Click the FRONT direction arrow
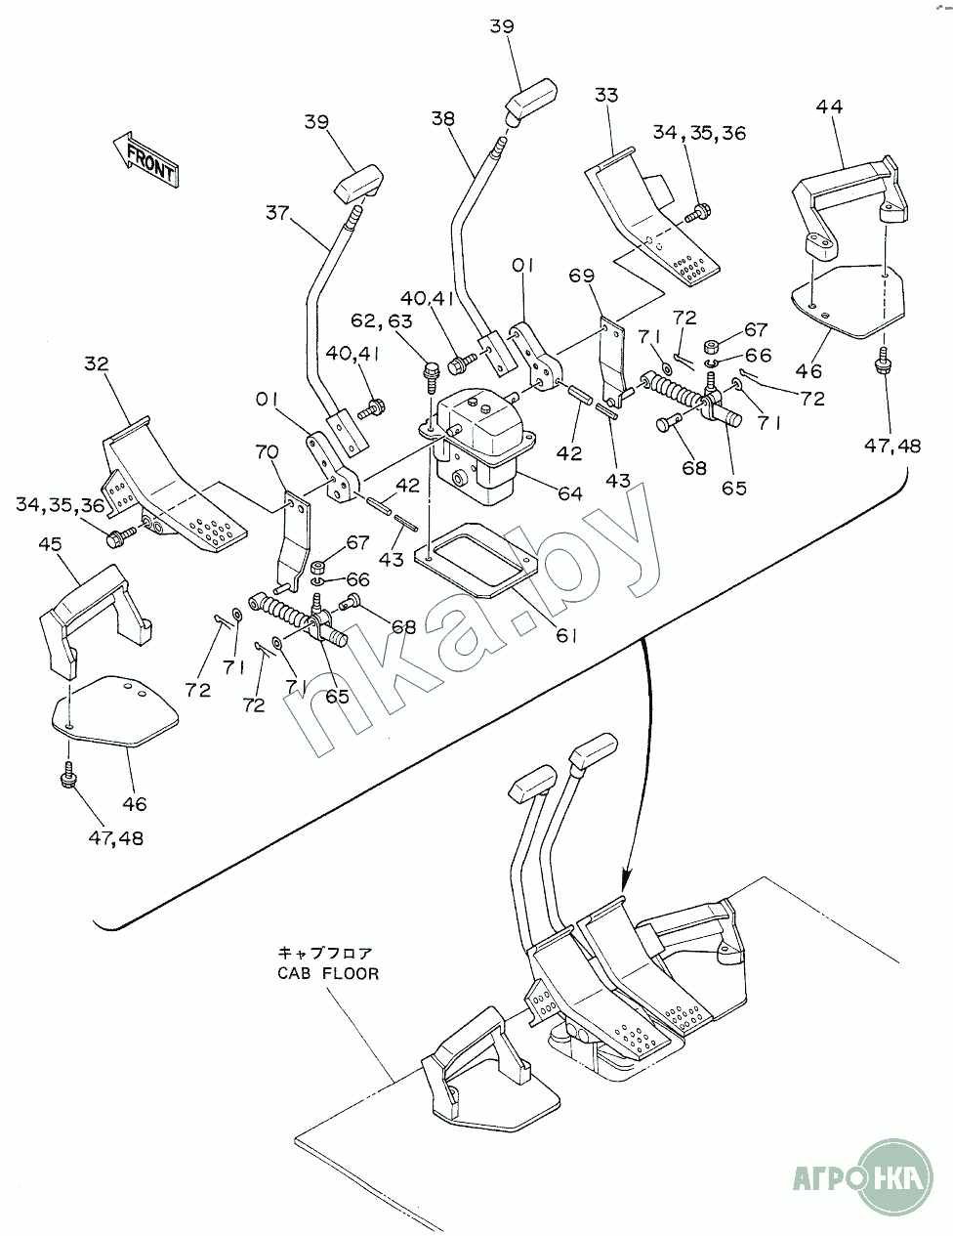pyautogui.click(x=143, y=158)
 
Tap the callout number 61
pyautogui.click(x=567, y=635)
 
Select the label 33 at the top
pyautogui.click(x=605, y=95)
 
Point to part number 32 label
pyautogui.click(x=97, y=363)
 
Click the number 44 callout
pyautogui.click(x=830, y=107)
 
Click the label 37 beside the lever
pyautogui.click(x=277, y=211)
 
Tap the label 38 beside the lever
pyautogui.click(x=442, y=118)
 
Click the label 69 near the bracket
pyautogui.click(x=581, y=277)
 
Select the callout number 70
pyautogui.click(x=268, y=452)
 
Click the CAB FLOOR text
pyautogui.click(x=326, y=974)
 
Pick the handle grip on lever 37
pyautogui.click(x=356, y=183)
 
